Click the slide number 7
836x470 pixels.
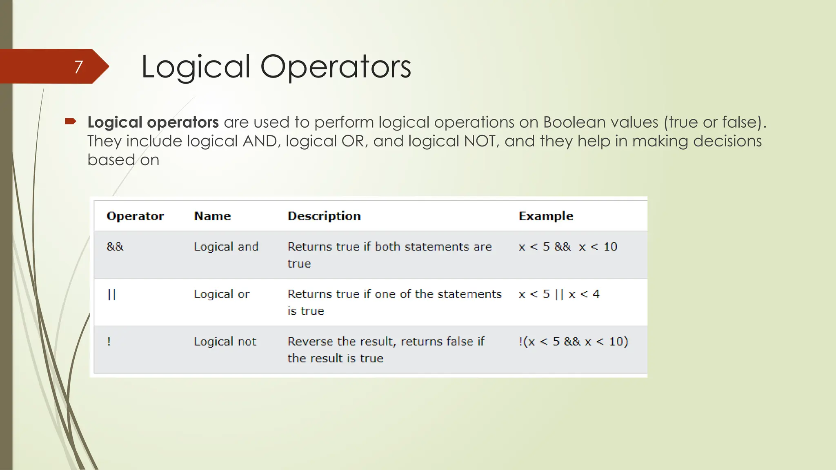point(78,67)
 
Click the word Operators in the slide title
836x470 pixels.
point(336,67)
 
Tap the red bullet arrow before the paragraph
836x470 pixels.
point(70,121)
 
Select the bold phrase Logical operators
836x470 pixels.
point(153,122)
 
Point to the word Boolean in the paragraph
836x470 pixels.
point(574,122)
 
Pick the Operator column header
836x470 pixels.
point(135,216)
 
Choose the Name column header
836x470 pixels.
point(212,216)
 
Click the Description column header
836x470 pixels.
point(324,216)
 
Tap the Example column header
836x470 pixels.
point(546,216)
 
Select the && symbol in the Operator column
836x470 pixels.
point(115,247)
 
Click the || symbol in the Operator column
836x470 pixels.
point(112,294)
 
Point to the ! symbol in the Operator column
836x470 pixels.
point(109,341)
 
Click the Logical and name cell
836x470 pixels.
point(226,247)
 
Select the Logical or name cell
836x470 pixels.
point(222,294)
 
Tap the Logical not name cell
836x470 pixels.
point(225,341)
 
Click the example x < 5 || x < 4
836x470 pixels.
point(559,294)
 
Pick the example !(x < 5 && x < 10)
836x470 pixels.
point(573,341)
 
